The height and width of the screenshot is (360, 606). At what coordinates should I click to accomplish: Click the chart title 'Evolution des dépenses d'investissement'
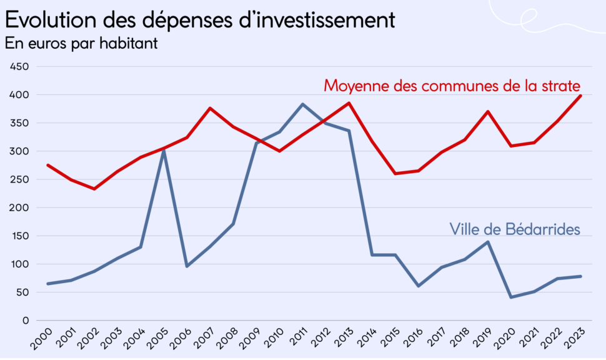[x=200, y=21]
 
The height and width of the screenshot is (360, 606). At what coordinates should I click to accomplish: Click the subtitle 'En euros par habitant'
[x=81, y=44]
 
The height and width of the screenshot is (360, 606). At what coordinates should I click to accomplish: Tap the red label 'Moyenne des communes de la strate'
[x=452, y=86]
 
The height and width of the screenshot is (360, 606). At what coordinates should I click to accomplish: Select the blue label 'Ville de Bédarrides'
[x=515, y=229]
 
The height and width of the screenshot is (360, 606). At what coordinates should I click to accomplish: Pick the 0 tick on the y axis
[x=26, y=321]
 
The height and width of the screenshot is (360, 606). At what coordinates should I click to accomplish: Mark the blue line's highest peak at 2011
[x=302, y=104]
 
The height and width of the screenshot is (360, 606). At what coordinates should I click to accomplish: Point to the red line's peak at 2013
[x=349, y=103]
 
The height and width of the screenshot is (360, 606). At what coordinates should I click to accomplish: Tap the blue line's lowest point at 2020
[x=510, y=297]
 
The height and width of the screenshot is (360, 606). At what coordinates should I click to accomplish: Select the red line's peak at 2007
[x=210, y=108]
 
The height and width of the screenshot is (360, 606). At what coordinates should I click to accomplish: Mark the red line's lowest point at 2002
[x=94, y=189]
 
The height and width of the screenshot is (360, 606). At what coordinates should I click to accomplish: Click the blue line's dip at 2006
[x=187, y=266]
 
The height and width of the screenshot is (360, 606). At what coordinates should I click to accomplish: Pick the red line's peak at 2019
[x=487, y=112]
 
